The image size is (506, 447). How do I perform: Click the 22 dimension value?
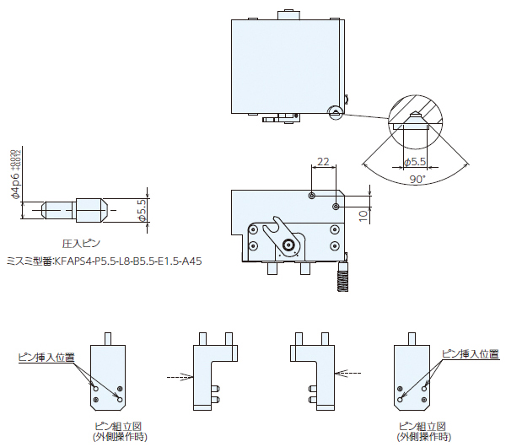point(324,160)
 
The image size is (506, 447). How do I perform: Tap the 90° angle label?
point(416,180)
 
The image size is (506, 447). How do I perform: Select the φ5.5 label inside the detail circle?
point(415,161)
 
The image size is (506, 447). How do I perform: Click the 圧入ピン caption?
point(82,242)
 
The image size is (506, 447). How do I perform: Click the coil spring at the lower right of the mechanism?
point(342,276)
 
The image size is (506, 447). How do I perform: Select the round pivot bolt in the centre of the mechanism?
point(289,245)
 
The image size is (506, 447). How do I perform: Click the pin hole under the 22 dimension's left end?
point(312,195)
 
